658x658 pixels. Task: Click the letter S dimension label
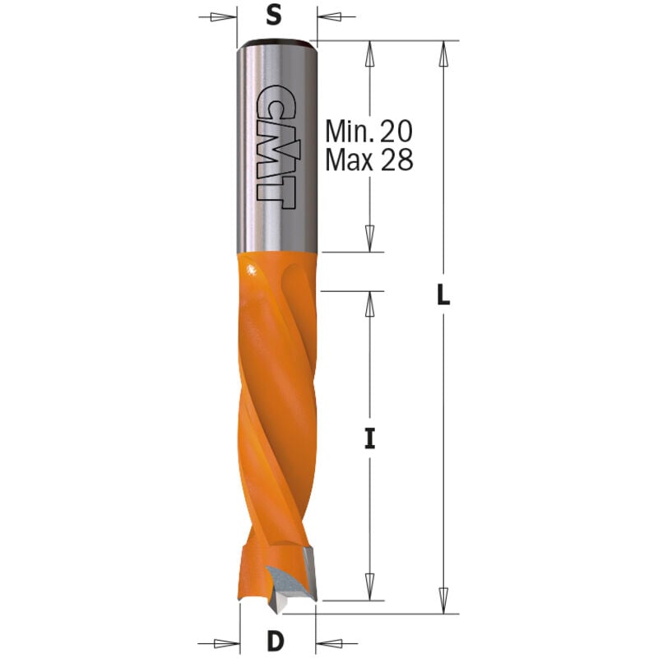[x=274, y=16]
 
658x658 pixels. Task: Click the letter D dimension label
[x=276, y=642]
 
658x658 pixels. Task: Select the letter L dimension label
[x=443, y=294]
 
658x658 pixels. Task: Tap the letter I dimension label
[x=369, y=439]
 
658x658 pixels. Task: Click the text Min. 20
[x=368, y=132]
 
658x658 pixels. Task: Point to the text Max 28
[x=369, y=160]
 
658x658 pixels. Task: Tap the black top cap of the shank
[x=274, y=44]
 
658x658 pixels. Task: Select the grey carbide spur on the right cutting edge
[x=309, y=573]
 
